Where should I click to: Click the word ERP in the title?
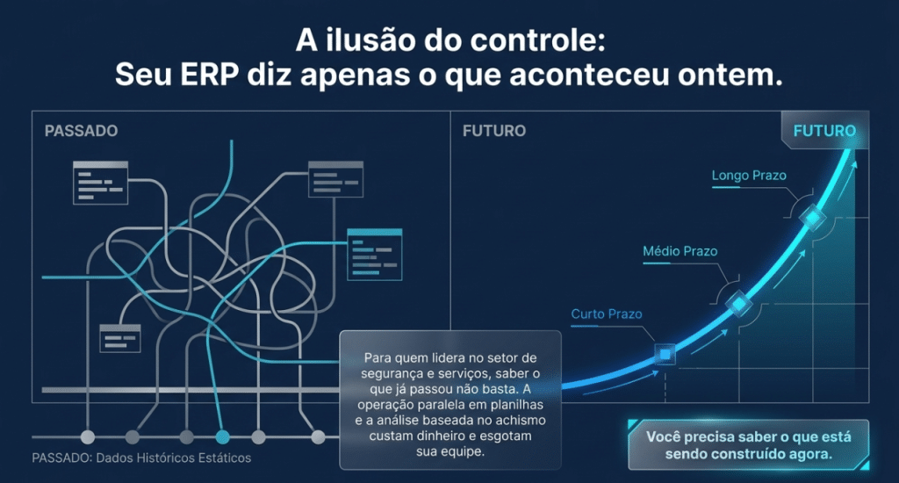coord(209,75)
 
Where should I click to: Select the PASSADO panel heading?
coord(81,131)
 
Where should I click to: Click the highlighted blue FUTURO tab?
coord(824,131)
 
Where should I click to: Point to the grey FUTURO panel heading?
coord(493,131)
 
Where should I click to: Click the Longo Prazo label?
coord(749,176)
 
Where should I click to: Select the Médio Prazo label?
coord(680,251)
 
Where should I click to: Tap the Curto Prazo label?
coord(607,314)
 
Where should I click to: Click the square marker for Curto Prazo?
coord(665,355)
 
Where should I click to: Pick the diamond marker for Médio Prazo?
coord(739,304)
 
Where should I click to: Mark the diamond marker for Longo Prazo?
coord(812,218)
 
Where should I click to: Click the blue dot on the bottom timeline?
coord(222,437)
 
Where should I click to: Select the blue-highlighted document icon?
coord(374,254)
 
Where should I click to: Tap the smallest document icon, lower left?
coord(119,338)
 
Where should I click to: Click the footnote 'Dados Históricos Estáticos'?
coord(173,458)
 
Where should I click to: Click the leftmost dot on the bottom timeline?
coord(88,437)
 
